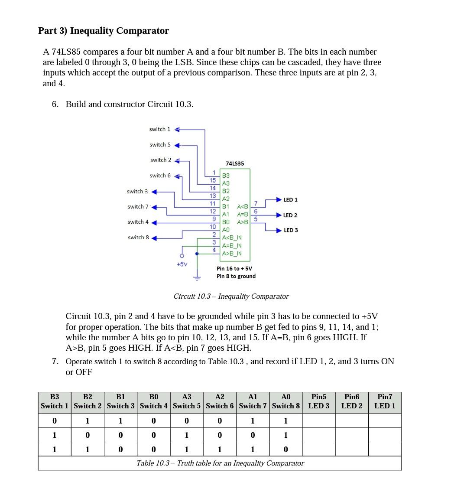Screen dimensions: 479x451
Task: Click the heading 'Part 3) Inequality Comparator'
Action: click(x=104, y=31)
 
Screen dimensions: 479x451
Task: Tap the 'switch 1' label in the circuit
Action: click(x=159, y=129)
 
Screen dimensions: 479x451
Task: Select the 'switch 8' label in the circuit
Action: click(x=138, y=238)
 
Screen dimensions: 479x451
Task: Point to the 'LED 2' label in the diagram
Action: click(x=290, y=215)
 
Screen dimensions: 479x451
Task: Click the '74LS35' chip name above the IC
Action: click(x=235, y=163)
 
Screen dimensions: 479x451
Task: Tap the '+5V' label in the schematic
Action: click(x=182, y=264)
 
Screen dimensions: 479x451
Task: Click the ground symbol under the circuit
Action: click(x=197, y=277)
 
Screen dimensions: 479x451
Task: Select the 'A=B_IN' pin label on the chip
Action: click(x=232, y=245)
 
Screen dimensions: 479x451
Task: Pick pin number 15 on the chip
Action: click(x=213, y=180)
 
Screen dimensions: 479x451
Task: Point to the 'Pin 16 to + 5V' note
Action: click(x=234, y=269)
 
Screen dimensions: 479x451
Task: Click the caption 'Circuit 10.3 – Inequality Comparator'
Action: click(x=231, y=297)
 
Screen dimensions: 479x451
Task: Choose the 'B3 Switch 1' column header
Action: click(x=55, y=401)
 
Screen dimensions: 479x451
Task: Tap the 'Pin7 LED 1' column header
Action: click(x=385, y=401)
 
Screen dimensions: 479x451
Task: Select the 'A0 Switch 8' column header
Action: click(x=286, y=401)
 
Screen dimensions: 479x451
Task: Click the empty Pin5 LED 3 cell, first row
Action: click(x=318, y=421)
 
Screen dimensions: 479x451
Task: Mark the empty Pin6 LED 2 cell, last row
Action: click(x=352, y=450)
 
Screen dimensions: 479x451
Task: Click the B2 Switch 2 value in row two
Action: click(x=88, y=435)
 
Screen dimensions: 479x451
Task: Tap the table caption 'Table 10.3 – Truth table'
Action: click(x=220, y=463)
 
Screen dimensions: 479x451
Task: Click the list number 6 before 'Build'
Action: click(x=55, y=104)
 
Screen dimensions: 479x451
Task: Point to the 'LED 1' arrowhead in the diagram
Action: click(x=279, y=200)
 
